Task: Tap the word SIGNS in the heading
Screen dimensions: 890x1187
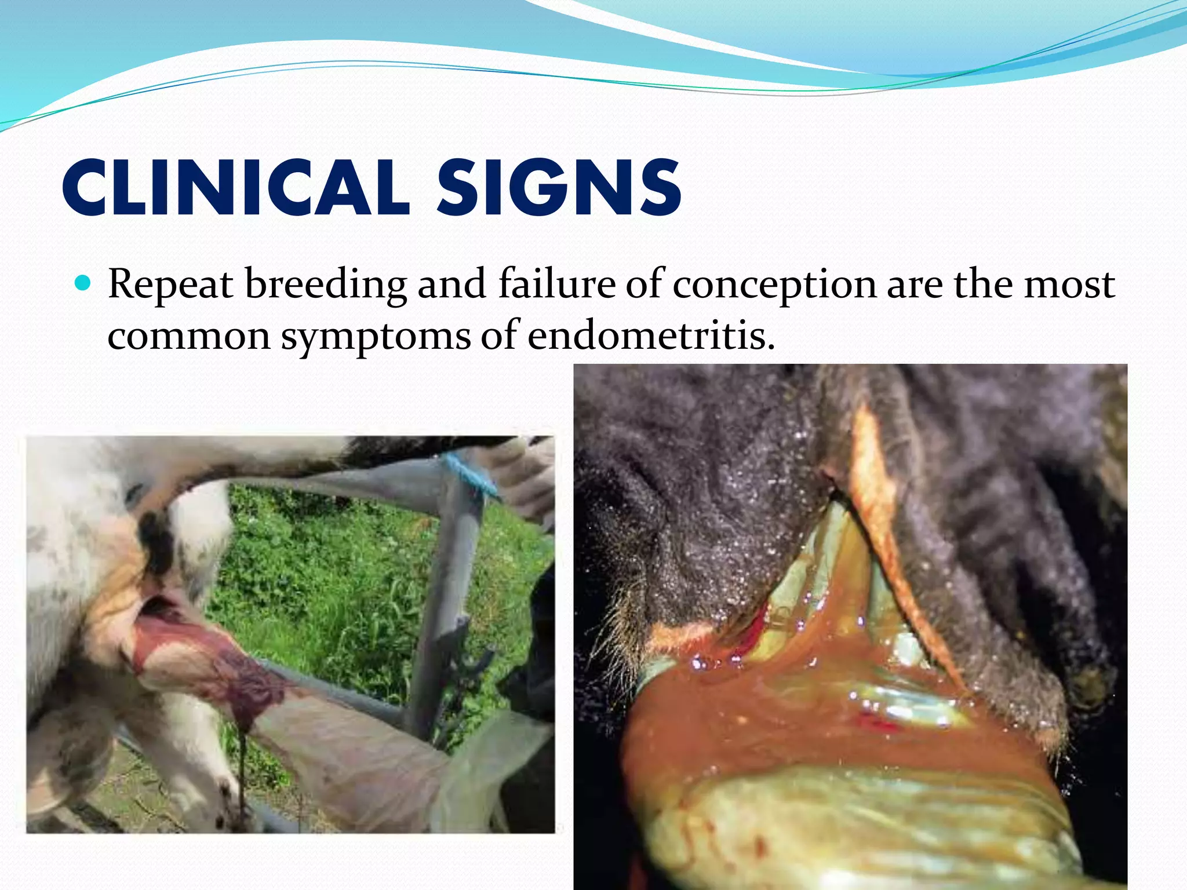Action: coord(559,188)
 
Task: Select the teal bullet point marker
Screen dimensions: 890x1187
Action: coord(84,283)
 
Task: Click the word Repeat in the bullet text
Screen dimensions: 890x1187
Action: coord(170,285)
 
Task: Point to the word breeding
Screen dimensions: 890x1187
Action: coord(326,285)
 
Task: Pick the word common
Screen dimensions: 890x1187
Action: coord(189,336)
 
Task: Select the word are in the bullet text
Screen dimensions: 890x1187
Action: coord(915,285)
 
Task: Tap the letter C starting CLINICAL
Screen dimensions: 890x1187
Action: coord(87,188)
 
